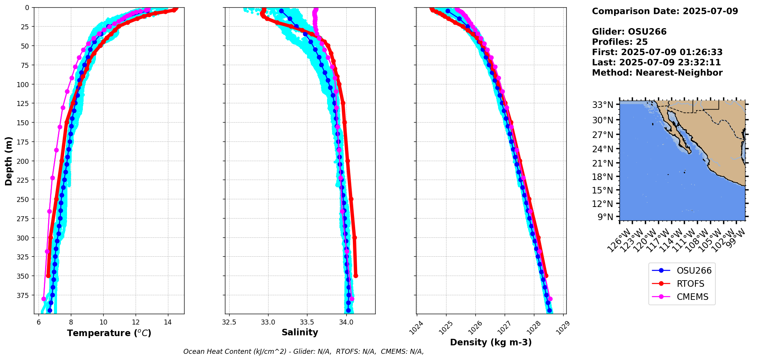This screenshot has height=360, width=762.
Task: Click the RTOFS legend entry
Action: pyautogui.click(x=690, y=284)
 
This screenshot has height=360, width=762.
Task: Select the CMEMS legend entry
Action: pyautogui.click(x=692, y=297)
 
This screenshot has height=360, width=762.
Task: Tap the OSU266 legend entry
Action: pyautogui.click(x=694, y=271)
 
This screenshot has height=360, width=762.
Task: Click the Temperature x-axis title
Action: pyautogui.click(x=109, y=333)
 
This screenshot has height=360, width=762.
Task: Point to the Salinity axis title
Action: pyautogui.click(x=300, y=333)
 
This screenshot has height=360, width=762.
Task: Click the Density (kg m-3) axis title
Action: pyautogui.click(x=491, y=342)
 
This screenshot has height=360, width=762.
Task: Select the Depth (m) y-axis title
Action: pyautogui.click(x=8, y=161)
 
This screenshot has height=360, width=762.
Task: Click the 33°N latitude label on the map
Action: pyautogui.click(x=603, y=105)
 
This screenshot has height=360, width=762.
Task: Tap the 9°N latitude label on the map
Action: pyautogui.click(x=605, y=217)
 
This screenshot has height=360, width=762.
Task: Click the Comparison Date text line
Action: pyautogui.click(x=665, y=11)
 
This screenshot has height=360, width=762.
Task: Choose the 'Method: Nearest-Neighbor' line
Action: pyautogui.click(x=657, y=73)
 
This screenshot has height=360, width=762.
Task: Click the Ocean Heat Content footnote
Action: pyautogui.click(x=304, y=352)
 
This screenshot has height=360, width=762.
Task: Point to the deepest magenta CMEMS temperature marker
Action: pyautogui.click(x=44, y=299)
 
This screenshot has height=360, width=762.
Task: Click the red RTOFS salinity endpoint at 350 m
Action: pyautogui.click(x=356, y=276)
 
